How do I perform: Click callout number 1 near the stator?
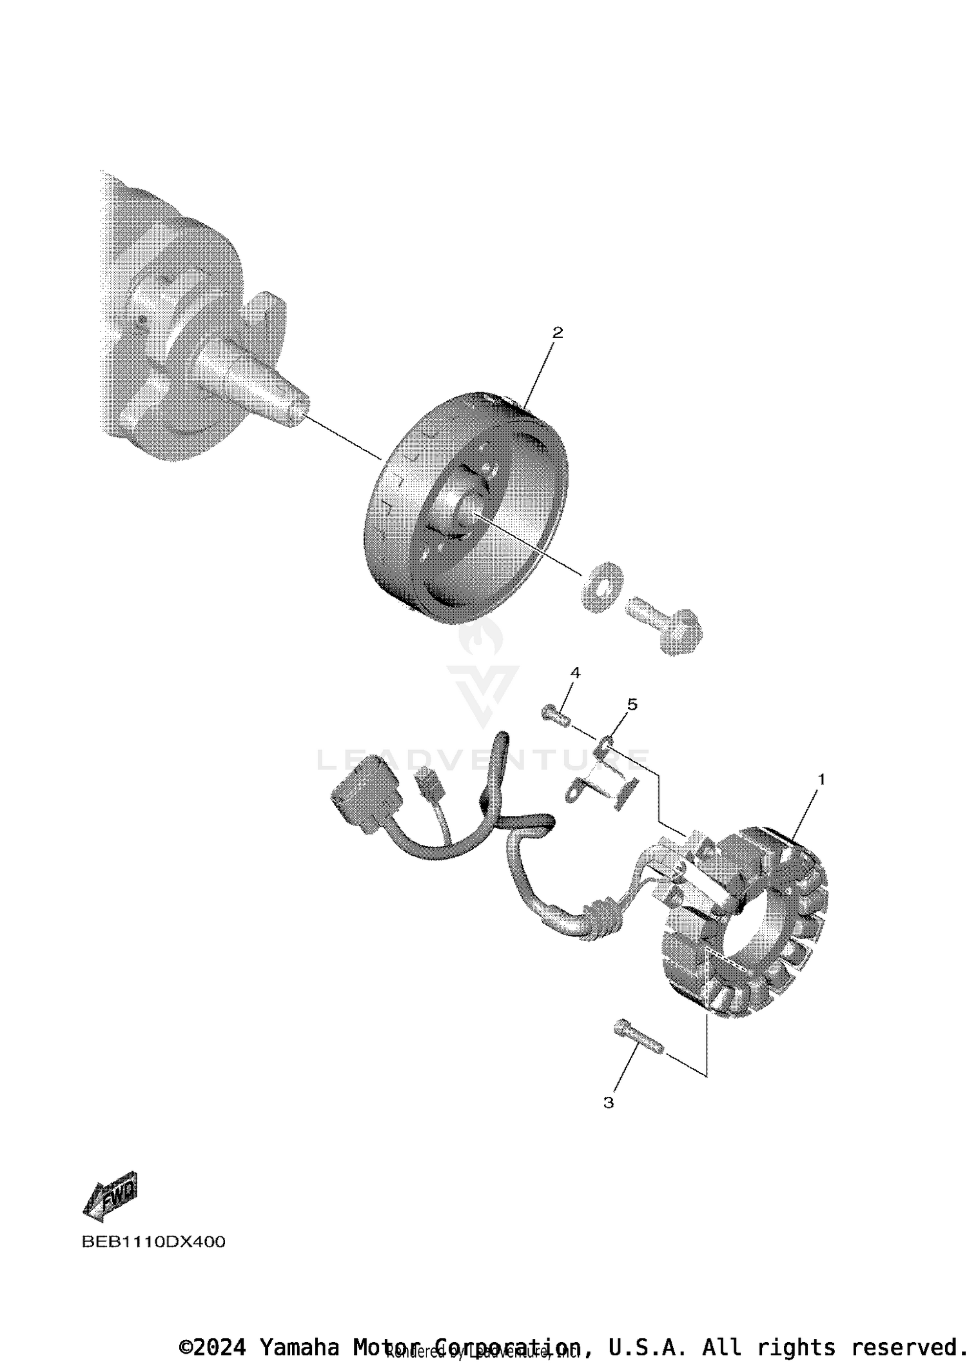[821, 779]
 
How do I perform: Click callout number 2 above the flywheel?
[557, 333]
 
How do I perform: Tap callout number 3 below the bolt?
[609, 1103]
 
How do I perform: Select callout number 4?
[575, 673]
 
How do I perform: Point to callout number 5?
[632, 704]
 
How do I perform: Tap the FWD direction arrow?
[111, 1196]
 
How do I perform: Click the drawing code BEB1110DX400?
[153, 1242]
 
